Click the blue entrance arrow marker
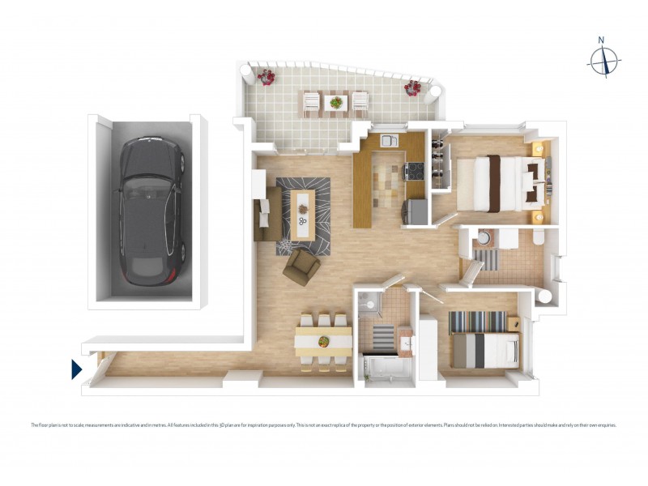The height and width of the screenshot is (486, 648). click(x=77, y=369)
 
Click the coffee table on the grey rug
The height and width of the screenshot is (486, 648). click(x=304, y=215)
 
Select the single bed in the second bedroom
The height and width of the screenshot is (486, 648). click(x=484, y=351)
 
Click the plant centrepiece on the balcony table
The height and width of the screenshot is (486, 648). click(x=335, y=103)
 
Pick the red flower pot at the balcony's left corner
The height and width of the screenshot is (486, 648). click(x=266, y=77)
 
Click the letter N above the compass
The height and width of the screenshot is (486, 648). click(x=601, y=40)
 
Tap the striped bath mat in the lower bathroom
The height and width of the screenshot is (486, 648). click(x=376, y=334)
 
